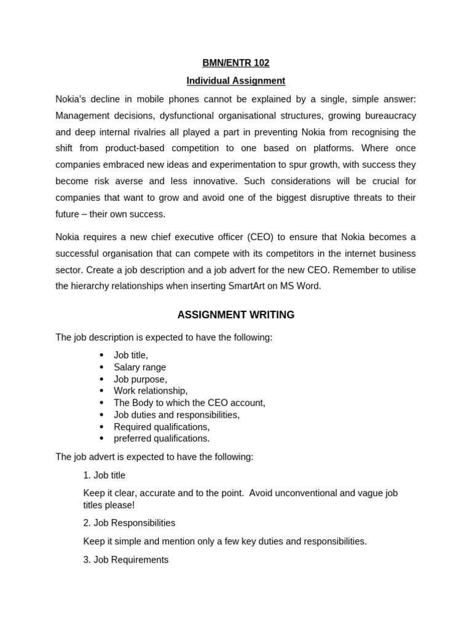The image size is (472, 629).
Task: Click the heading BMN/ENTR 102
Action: tap(236, 63)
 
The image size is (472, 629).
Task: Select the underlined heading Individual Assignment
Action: tap(236, 80)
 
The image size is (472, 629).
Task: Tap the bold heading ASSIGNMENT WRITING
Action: tap(236, 315)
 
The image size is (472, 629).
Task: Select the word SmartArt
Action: tap(250, 286)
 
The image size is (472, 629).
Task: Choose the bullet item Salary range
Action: tap(140, 367)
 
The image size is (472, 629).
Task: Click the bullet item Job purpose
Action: tap(140, 379)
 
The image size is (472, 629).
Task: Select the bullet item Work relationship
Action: tap(151, 391)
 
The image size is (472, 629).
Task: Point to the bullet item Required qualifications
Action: tap(162, 427)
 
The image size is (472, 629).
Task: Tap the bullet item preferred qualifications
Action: tap(162, 439)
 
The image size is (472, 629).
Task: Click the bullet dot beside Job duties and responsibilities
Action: tap(101, 415)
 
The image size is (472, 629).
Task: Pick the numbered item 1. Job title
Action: tap(104, 475)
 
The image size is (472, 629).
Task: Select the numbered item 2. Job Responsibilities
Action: tap(129, 523)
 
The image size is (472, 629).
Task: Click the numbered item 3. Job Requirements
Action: tap(125, 560)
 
